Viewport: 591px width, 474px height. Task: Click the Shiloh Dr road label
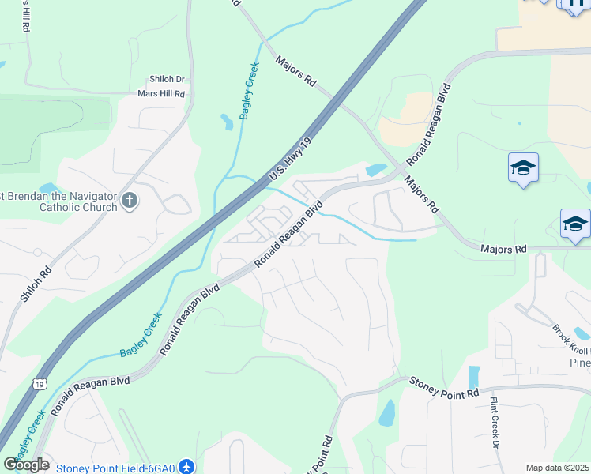point(167,80)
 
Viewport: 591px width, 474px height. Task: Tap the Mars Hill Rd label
point(161,94)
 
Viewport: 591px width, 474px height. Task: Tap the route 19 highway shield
point(40,384)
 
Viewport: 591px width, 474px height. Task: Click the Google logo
point(27,464)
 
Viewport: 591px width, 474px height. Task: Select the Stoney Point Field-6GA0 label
point(115,468)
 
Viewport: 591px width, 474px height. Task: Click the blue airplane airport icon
point(186,468)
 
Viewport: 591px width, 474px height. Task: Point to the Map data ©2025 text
point(558,468)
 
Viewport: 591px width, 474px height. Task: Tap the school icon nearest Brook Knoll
point(575,224)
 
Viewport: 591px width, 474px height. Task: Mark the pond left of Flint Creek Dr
point(474,378)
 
